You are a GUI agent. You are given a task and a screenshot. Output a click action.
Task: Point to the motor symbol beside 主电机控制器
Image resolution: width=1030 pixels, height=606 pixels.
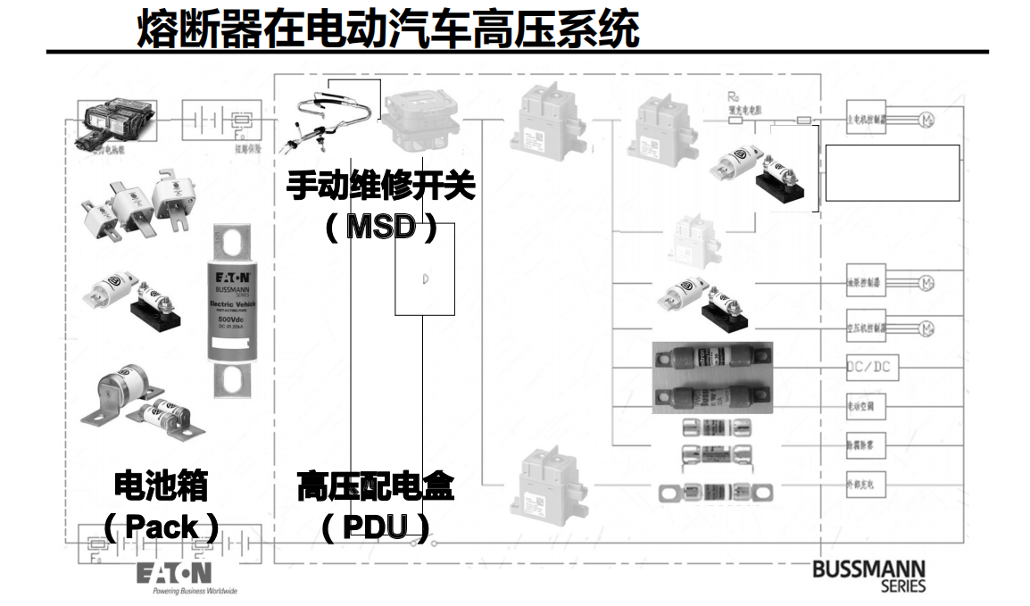point(926,118)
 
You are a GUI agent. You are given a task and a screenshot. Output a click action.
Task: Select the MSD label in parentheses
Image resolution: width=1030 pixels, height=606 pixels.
point(381,227)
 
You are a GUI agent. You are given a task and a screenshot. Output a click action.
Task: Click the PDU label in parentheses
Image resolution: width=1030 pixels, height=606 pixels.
point(375,527)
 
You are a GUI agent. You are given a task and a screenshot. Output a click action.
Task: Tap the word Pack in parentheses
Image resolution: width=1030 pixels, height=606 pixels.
point(162,527)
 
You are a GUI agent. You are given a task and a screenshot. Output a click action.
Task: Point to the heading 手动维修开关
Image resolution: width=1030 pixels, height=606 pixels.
point(381,187)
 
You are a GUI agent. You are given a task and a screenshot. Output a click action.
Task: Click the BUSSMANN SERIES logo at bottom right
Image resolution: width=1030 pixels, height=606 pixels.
point(868,576)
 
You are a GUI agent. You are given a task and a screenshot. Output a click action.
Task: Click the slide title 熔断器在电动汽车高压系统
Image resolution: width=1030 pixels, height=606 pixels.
point(388,29)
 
